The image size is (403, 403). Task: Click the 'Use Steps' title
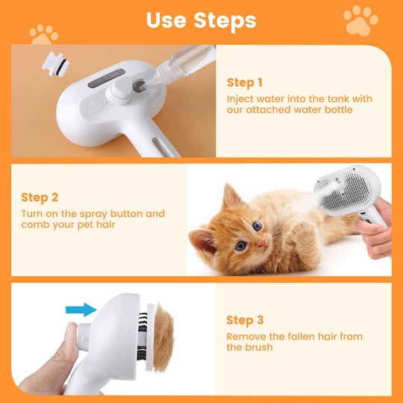201,20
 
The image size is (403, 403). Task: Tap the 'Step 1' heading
244,83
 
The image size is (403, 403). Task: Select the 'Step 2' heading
40,198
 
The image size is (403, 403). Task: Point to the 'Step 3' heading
245,320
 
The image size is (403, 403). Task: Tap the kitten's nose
262,243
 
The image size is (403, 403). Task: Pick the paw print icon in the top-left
44,34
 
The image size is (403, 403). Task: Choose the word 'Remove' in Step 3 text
246,337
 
